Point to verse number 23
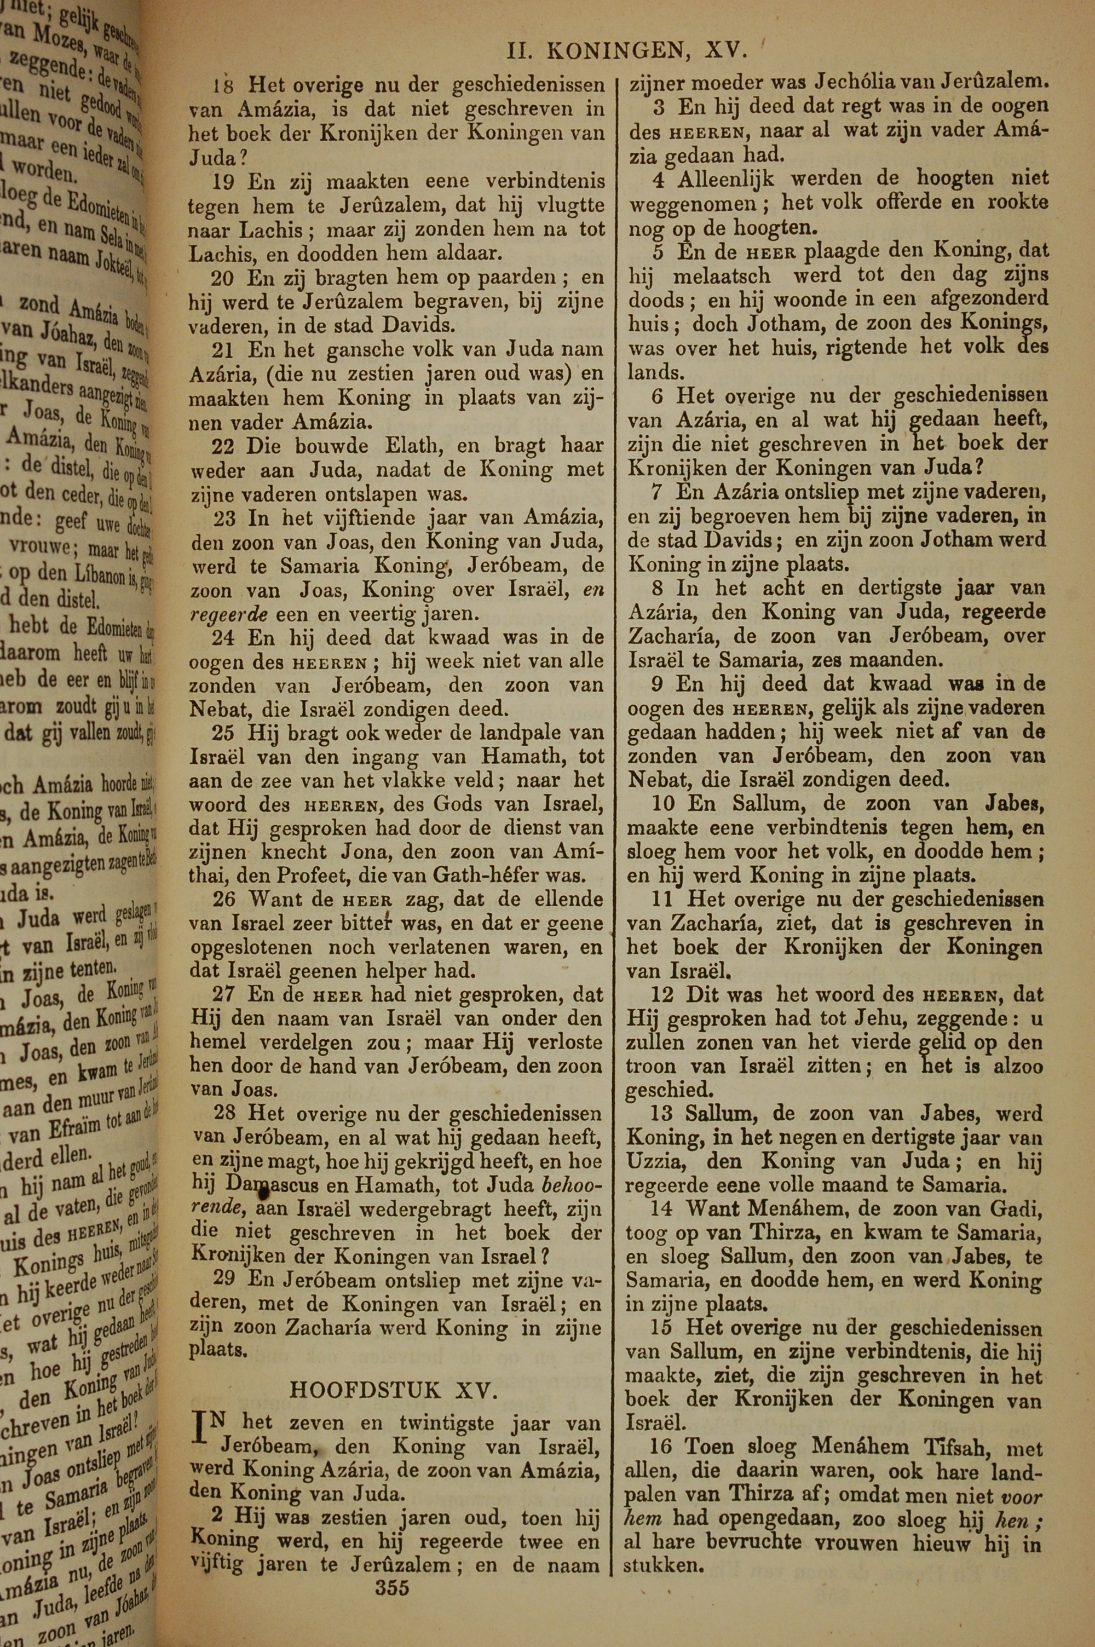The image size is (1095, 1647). (x=226, y=518)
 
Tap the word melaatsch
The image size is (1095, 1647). (x=722, y=276)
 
